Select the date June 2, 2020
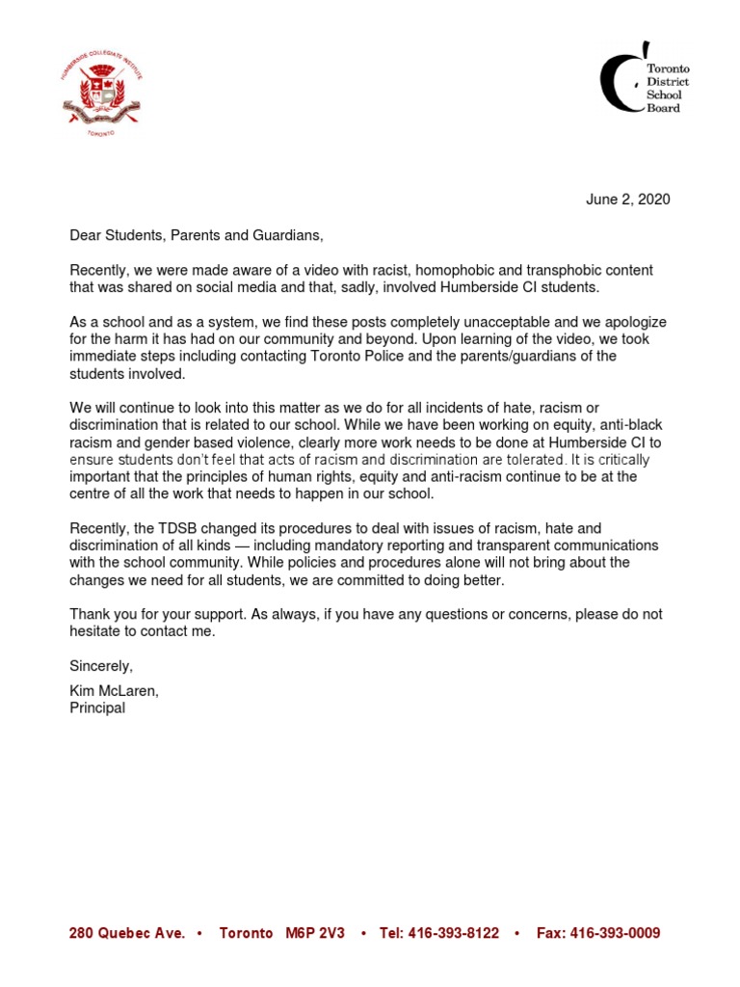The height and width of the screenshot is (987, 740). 627,200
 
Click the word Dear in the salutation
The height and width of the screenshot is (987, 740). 86,235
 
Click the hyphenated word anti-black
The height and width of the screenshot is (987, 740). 632,426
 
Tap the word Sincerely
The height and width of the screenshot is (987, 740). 101,666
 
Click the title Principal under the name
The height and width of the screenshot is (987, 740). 97,708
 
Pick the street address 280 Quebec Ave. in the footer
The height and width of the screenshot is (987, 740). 127,934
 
